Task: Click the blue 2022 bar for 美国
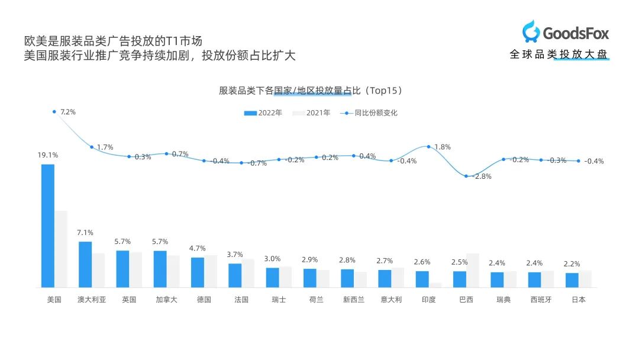[x=47, y=226]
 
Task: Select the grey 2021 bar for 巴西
[x=473, y=271]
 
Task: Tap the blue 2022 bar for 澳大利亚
[x=85, y=264]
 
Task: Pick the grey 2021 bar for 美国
[x=61, y=249]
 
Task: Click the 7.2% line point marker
[x=54, y=111]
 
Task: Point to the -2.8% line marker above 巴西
[x=466, y=176]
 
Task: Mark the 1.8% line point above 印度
[x=428, y=146]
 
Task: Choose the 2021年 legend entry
[x=312, y=113]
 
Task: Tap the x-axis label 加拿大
[x=166, y=300]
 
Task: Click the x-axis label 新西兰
[x=354, y=300]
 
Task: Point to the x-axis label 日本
[x=578, y=300]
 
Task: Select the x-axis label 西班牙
[x=541, y=300]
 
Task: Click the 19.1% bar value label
[x=48, y=155]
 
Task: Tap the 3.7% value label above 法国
[x=235, y=255]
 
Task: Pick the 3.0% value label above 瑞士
[x=273, y=259]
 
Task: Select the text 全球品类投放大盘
[x=559, y=55]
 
